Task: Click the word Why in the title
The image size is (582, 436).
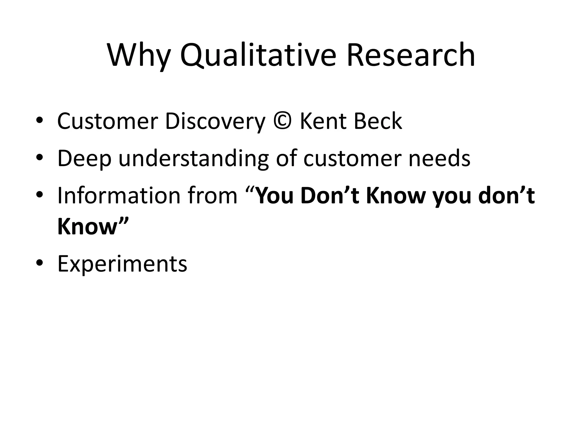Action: [x=138, y=55]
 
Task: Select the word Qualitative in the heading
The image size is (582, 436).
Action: [x=258, y=55]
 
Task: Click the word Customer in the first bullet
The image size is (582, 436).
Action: [x=107, y=121]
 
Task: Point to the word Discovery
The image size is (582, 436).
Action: [x=215, y=121]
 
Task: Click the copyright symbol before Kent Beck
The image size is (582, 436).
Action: [x=282, y=121]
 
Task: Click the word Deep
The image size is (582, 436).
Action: [x=84, y=159]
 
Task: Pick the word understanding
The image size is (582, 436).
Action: [x=193, y=159]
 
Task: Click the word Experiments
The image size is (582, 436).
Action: [x=122, y=264]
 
